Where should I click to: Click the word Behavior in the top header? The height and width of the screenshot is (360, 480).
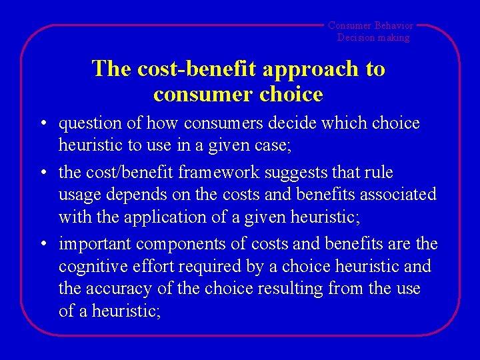point(394,25)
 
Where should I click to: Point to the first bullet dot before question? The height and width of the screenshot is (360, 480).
point(41,124)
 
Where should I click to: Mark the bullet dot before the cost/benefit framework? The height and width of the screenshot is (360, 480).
point(41,173)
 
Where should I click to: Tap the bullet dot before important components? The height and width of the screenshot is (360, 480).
point(41,245)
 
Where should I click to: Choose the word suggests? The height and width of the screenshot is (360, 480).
point(301,173)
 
